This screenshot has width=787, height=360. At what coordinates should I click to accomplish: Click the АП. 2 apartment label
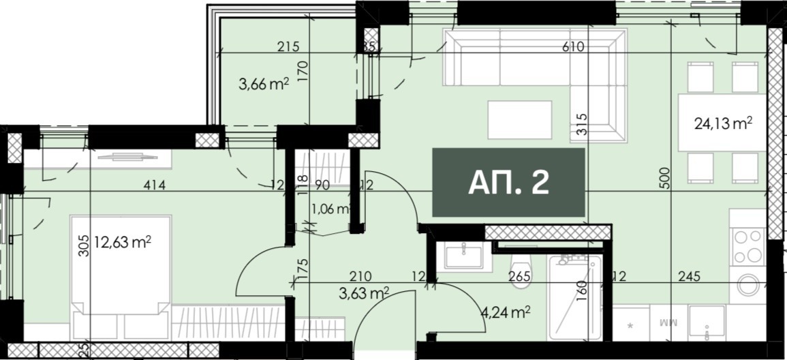click(x=509, y=183)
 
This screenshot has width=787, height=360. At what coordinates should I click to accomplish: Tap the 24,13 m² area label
click(x=723, y=123)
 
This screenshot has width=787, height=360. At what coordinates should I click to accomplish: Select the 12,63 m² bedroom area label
click(x=123, y=241)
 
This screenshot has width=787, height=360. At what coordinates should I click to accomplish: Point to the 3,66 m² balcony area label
click(x=264, y=85)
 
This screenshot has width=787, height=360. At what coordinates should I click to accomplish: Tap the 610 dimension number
click(x=574, y=47)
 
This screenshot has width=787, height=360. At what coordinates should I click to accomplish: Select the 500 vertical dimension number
click(x=666, y=179)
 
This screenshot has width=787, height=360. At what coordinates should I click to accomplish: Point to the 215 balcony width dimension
click(x=289, y=47)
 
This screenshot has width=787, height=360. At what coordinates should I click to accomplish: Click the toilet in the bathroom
click(x=521, y=270)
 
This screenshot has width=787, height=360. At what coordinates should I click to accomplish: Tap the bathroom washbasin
click(x=463, y=256)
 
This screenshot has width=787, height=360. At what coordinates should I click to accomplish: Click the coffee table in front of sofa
click(x=519, y=120)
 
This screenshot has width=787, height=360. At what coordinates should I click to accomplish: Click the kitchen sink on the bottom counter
click(x=706, y=322)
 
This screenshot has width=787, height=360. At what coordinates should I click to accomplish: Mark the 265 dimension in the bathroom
click(x=520, y=277)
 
